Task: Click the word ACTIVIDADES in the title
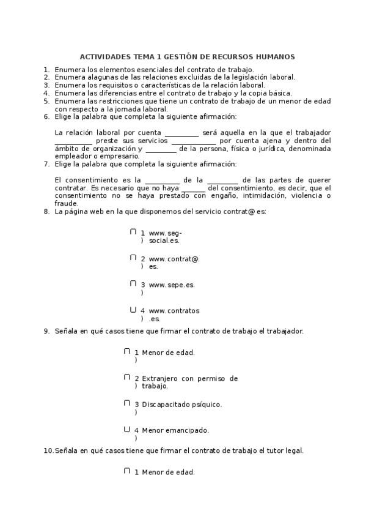coord(101,56)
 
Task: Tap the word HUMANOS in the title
coord(276,56)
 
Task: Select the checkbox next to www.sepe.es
coord(133,283)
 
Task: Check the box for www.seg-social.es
coord(133,232)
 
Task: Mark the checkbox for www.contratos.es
coord(133,310)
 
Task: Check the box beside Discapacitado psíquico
coord(127,403)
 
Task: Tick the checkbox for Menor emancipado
coord(127,429)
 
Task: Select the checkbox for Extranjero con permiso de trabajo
coord(127,378)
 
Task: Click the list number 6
coord(46,116)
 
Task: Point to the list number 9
coord(46,331)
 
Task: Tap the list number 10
coord(48,450)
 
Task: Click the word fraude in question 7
coord(66,204)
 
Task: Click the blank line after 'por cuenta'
coord(181,133)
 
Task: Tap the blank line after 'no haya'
coord(194,189)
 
